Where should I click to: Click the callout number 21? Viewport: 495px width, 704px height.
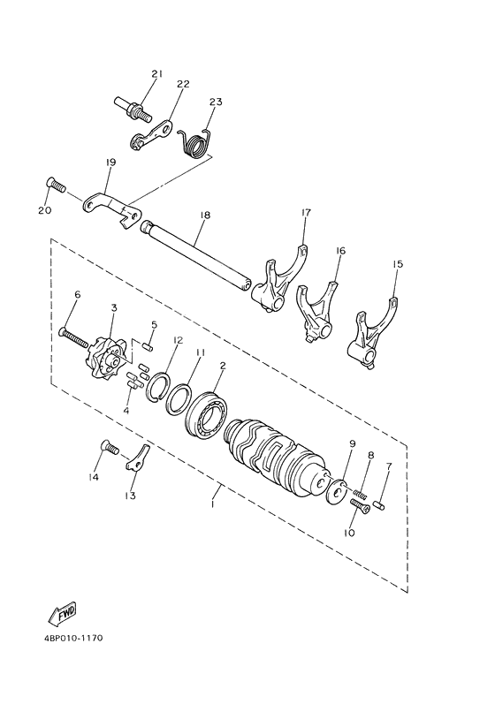(x=157, y=74)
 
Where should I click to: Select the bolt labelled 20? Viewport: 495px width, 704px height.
(x=55, y=186)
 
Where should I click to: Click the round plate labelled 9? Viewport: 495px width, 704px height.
(x=335, y=488)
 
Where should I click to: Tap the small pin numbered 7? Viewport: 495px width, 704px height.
(x=379, y=503)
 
